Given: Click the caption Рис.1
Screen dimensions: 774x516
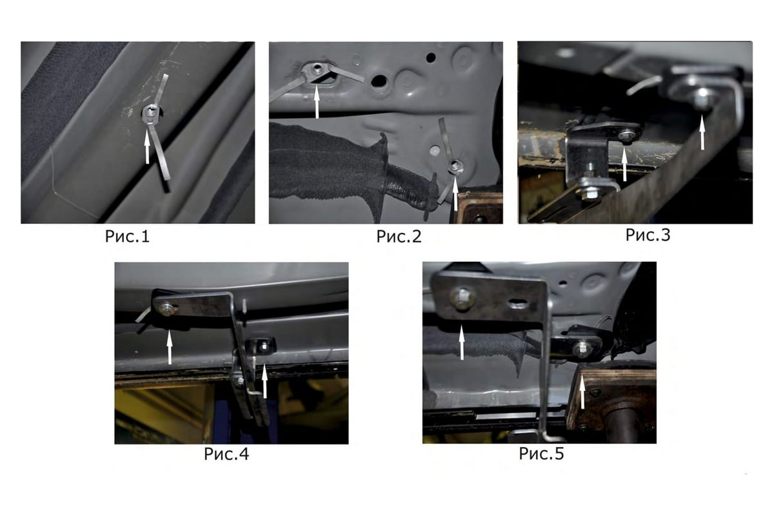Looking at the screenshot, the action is [x=127, y=237].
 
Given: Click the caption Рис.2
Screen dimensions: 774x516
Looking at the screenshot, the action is [x=399, y=237].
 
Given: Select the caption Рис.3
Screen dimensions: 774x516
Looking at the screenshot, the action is [x=648, y=235].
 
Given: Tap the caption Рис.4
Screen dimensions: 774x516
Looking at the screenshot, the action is [x=226, y=454].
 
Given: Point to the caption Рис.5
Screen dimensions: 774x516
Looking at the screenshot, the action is [x=541, y=453].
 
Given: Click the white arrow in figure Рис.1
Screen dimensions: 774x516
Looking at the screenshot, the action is [x=147, y=148].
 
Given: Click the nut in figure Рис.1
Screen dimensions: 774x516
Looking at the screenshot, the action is [x=151, y=113].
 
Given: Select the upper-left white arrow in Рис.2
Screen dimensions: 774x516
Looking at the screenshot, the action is [x=317, y=103].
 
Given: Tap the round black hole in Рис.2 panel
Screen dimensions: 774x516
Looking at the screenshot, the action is [x=431, y=57].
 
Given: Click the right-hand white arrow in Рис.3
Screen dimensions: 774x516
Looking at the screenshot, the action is [x=702, y=133].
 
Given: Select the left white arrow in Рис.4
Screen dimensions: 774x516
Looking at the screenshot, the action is [x=169, y=348].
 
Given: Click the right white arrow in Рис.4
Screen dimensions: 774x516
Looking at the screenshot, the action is [x=264, y=382].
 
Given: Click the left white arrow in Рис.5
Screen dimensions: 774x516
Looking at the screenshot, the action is [x=462, y=342].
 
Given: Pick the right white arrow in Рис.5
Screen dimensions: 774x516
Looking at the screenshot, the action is [x=582, y=392].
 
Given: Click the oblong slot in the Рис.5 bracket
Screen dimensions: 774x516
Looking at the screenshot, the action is [x=519, y=304].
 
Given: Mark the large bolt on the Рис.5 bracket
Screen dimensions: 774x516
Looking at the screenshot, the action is [x=462, y=298].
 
